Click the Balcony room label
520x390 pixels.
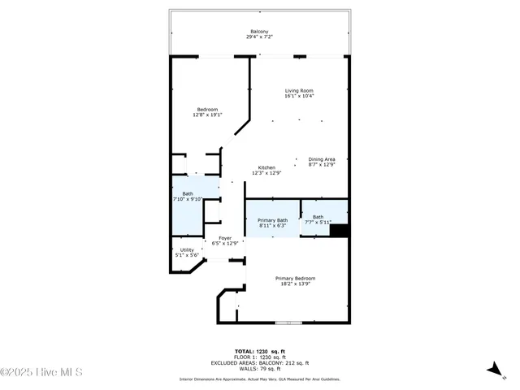point(259,32)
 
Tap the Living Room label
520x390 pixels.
point(299,90)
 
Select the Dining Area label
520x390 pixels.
point(322,158)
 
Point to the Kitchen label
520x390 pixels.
point(266,167)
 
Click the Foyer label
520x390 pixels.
point(225,237)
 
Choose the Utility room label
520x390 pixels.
point(187,249)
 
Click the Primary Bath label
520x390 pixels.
point(272,220)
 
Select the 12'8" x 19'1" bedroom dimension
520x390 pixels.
point(207,115)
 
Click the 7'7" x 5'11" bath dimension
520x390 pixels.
point(318,222)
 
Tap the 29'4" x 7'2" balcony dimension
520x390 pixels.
point(259,37)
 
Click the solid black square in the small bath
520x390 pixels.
point(340,230)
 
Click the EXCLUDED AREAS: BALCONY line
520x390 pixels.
point(259,362)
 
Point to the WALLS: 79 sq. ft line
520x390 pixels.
point(259,368)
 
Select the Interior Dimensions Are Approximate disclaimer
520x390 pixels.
point(259,379)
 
